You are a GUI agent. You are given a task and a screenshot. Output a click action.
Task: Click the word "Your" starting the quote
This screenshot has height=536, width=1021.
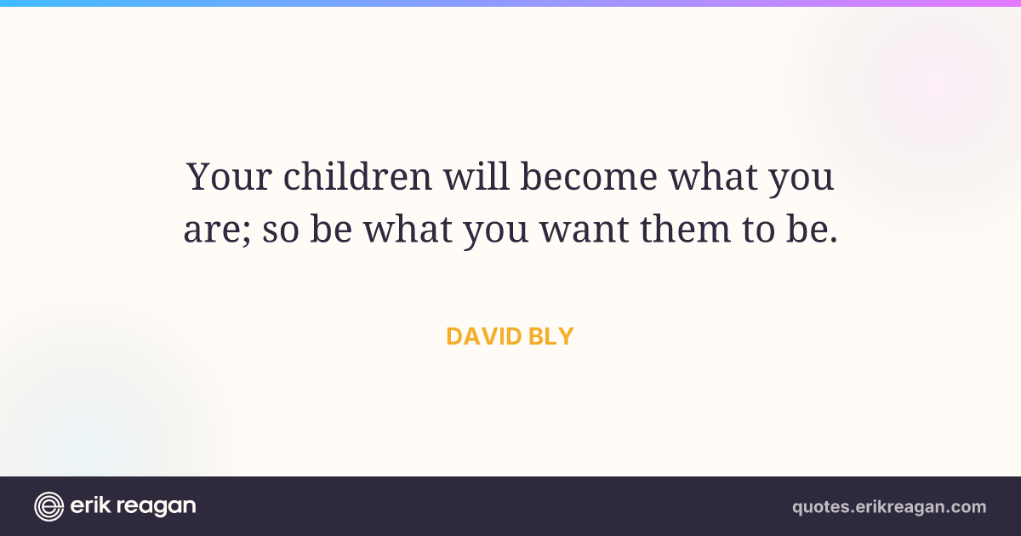229,176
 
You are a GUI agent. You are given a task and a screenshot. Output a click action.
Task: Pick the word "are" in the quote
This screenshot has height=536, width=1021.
212,231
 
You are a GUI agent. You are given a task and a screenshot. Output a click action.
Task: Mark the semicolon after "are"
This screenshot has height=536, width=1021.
247,232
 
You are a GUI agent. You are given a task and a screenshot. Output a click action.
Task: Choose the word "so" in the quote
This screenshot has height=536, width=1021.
281,231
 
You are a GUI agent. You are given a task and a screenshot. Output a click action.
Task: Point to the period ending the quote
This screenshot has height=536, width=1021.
834,239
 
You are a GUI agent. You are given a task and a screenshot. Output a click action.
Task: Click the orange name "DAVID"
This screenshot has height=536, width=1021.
483,336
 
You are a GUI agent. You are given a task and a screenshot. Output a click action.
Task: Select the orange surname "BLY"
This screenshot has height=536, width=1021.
551,336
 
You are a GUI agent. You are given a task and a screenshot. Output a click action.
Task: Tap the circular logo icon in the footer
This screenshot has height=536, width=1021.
48,506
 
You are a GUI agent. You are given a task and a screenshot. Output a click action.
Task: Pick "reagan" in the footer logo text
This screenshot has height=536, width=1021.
157,507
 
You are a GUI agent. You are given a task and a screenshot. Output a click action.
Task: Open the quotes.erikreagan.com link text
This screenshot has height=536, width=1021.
889,507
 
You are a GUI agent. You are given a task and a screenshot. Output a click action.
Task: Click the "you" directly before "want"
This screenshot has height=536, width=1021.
496,232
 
